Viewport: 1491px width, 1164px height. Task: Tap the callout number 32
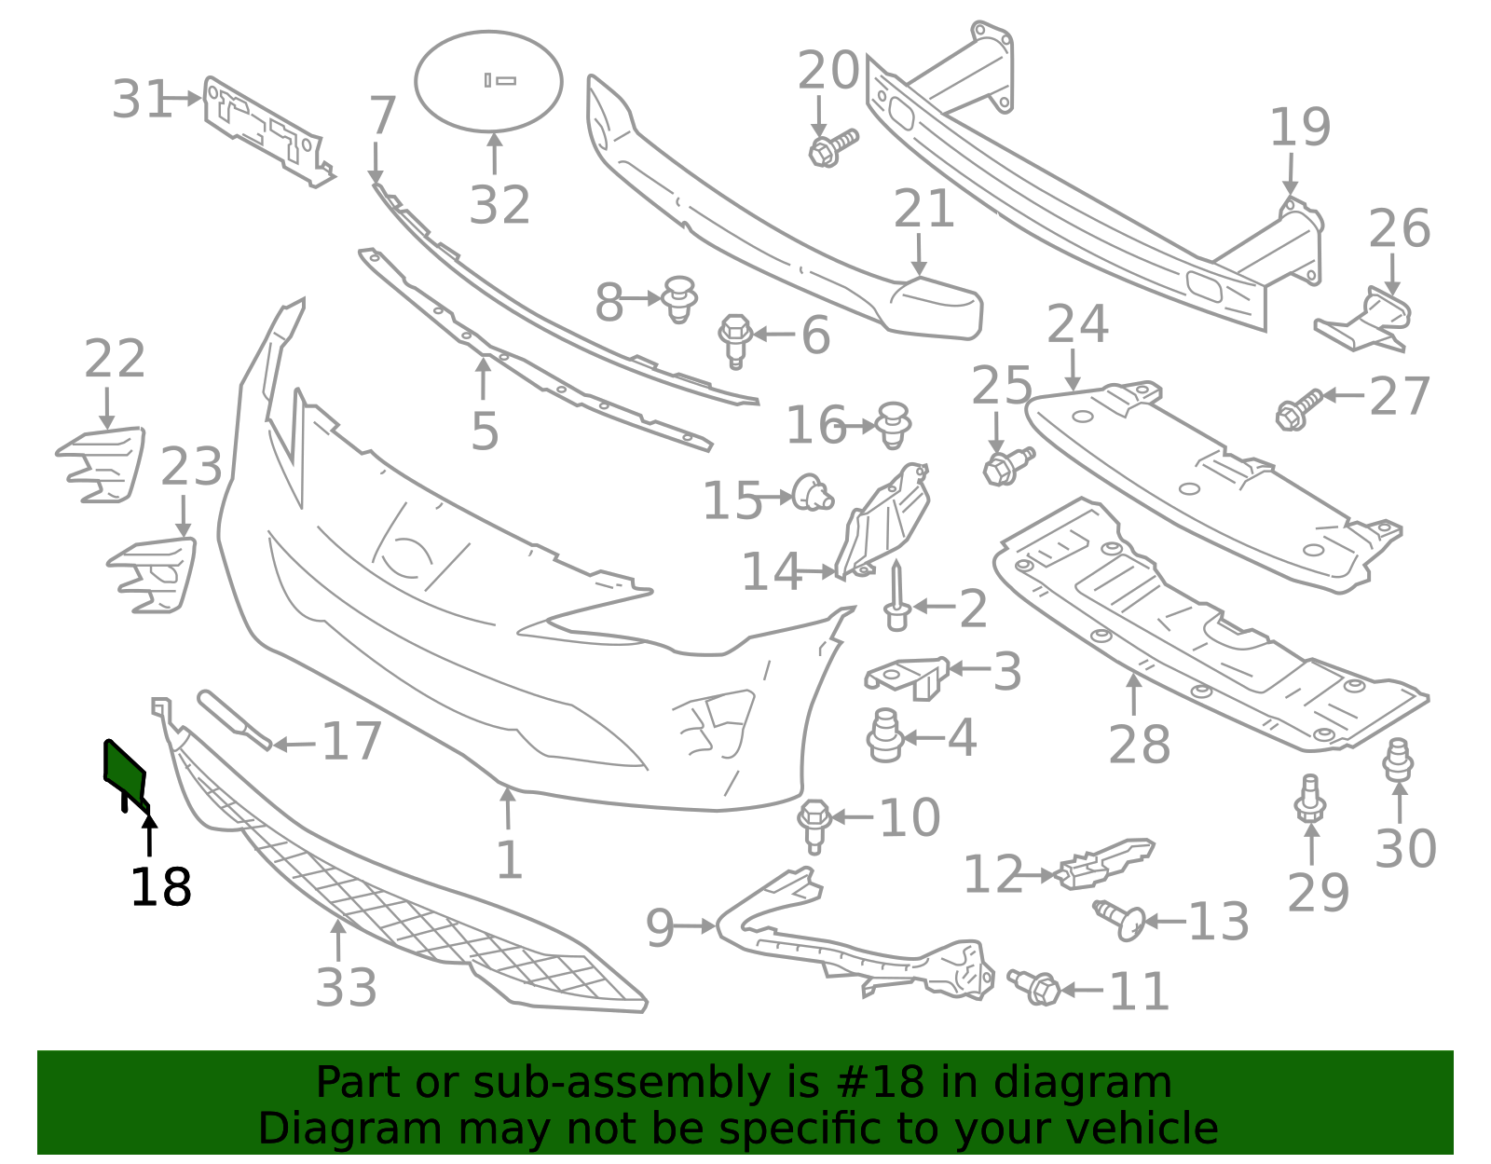(499, 205)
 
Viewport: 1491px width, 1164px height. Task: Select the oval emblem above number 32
(488, 81)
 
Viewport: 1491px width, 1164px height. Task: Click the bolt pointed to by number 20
(833, 147)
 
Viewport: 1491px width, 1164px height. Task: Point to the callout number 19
(1300, 127)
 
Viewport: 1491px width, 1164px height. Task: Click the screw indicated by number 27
(1299, 409)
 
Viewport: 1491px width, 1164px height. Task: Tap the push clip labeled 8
(679, 299)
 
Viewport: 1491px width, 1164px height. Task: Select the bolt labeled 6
(735, 341)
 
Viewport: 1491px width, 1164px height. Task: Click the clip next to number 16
(894, 425)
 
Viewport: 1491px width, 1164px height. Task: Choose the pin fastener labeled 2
(896, 596)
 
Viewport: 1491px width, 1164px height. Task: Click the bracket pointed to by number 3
(907, 678)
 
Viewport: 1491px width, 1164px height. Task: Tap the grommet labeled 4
(885, 735)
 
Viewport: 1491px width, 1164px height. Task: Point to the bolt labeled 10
(814, 826)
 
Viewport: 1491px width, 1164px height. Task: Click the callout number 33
(346, 988)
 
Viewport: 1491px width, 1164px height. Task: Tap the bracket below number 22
(101, 465)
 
